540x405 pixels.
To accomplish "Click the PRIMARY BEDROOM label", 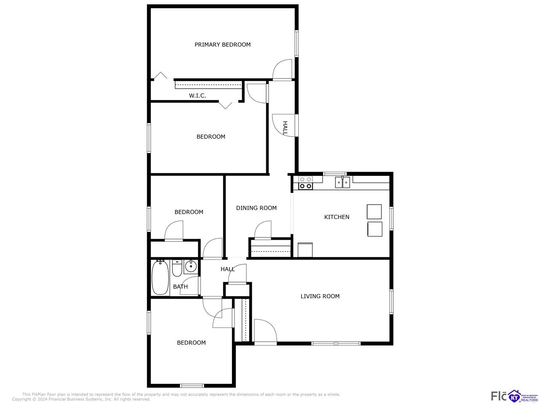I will pyautogui.click(x=222, y=44).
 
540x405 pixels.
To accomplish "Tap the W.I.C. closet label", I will pyautogui.click(x=197, y=96).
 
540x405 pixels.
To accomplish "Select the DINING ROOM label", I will pyautogui.click(x=256, y=208).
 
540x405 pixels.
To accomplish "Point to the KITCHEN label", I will pyautogui.click(x=337, y=217).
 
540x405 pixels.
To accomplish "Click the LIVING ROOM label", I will pyautogui.click(x=320, y=296).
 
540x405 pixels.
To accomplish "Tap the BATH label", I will pyautogui.click(x=180, y=287).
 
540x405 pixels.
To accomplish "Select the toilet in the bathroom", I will pyautogui.click(x=177, y=267).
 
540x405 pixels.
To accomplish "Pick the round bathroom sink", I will pyautogui.click(x=191, y=266).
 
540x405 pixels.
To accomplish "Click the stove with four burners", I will pyautogui.click(x=306, y=182).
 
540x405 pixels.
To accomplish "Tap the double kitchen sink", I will pyautogui.click(x=343, y=182).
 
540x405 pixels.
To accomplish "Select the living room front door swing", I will pyautogui.click(x=264, y=330).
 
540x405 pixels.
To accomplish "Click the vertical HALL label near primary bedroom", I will pyautogui.click(x=285, y=128).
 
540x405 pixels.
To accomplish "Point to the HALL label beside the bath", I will pyautogui.click(x=228, y=269).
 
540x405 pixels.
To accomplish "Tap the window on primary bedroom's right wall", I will pyautogui.click(x=297, y=43).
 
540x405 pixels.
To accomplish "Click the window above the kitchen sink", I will pyautogui.click(x=335, y=173).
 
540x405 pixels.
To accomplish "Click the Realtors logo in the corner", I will pyautogui.click(x=523, y=396).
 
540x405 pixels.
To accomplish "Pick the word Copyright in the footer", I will pyautogui.click(x=21, y=399).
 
